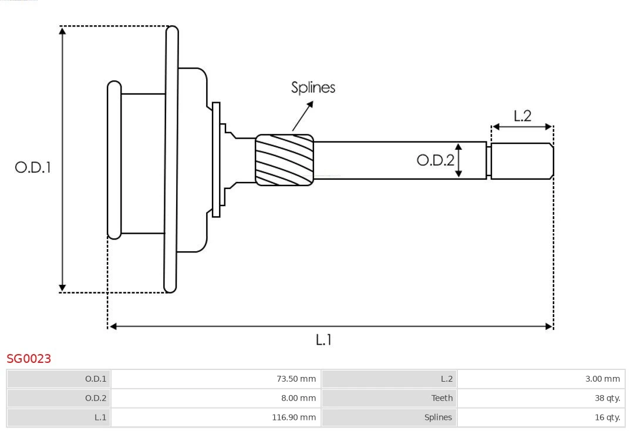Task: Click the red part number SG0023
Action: pos(29,358)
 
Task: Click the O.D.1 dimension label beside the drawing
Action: pos(33,167)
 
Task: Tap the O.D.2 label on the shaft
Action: pos(435,160)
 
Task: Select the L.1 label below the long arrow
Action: pos(324,339)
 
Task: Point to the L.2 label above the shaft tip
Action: pos(522,116)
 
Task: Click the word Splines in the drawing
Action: pos(313,87)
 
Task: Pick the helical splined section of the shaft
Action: pos(284,160)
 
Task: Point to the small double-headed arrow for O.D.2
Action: pos(459,160)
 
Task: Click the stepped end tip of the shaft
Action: pos(522,161)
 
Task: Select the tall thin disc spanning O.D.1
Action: pos(171,159)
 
